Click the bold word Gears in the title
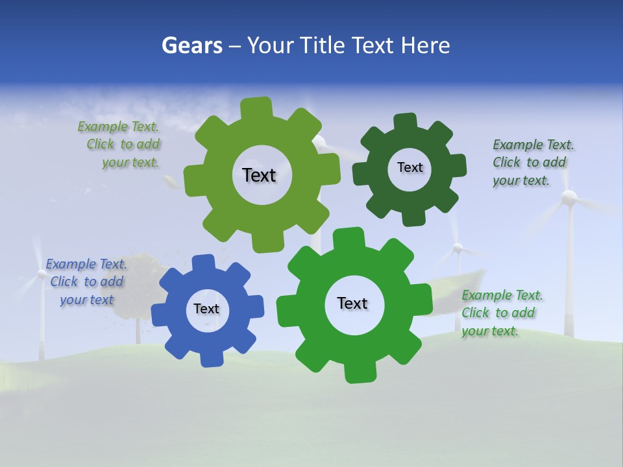191,45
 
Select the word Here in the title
425,45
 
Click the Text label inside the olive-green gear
259,175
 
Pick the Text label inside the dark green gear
409,167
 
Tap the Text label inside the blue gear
206,309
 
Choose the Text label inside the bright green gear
352,303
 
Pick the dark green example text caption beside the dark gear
533,162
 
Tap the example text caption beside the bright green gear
502,313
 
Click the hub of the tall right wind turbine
569,198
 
